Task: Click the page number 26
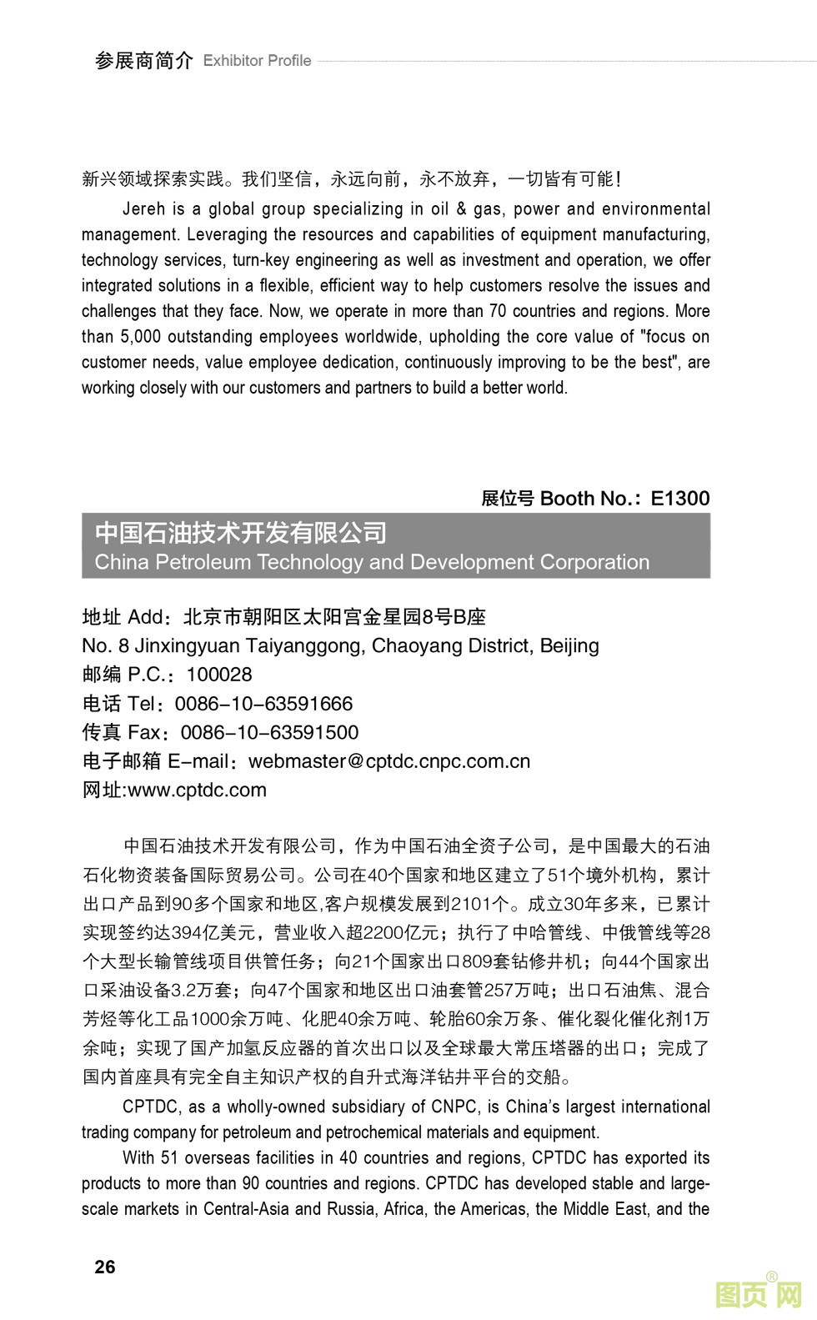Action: click(105, 1267)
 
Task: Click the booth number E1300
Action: click(679, 499)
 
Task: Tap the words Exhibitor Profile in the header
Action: click(257, 61)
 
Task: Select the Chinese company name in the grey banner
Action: click(241, 532)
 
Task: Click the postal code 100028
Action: click(218, 675)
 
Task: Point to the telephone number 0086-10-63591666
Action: click(263, 704)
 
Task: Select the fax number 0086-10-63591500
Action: click(269, 733)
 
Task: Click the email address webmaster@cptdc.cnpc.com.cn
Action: click(389, 761)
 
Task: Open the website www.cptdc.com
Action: click(197, 790)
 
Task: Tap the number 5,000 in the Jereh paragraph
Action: click(133, 337)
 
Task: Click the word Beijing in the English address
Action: click(569, 646)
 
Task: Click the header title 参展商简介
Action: click(143, 61)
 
